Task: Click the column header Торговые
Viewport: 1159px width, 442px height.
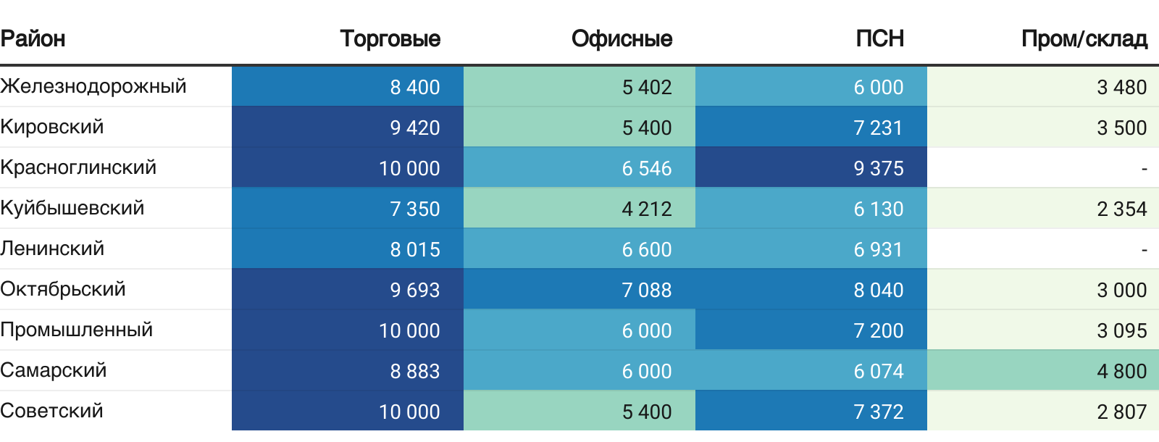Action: point(390,38)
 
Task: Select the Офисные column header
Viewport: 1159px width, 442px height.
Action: point(622,38)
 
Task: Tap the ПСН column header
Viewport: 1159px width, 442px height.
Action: point(879,38)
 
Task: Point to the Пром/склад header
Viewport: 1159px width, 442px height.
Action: point(1084,38)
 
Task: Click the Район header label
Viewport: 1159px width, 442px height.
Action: point(33,38)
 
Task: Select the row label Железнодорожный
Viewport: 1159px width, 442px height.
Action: point(93,86)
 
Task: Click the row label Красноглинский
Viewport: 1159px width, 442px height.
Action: point(78,167)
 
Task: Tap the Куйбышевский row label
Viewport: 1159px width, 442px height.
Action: point(72,208)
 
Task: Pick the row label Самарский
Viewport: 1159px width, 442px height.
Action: point(54,370)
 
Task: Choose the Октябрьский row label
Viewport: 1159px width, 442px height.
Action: point(63,289)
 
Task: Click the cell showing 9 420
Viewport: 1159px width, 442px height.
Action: point(414,128)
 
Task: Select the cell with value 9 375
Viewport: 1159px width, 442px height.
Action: point(878,168)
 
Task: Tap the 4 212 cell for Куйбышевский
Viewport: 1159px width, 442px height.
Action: point(646,209)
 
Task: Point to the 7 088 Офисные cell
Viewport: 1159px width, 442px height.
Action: point(646,290)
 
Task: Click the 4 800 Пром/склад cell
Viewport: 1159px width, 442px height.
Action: point(1121,371)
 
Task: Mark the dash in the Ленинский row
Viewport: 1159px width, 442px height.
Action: point(1144,250)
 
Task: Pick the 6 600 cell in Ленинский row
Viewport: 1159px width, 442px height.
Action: point(646,249)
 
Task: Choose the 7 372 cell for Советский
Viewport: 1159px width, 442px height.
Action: point(878,412)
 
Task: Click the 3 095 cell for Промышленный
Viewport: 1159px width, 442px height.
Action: point(1121,330)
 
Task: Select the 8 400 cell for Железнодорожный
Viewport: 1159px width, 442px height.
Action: point(414,87)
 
